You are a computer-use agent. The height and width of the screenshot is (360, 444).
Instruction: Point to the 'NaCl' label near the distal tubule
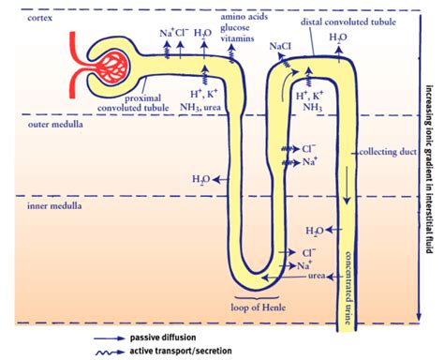pyautogui.click(x=279, y=44)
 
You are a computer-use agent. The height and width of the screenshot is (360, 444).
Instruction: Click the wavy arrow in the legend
pyautogui.click(x=117, y=352)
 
